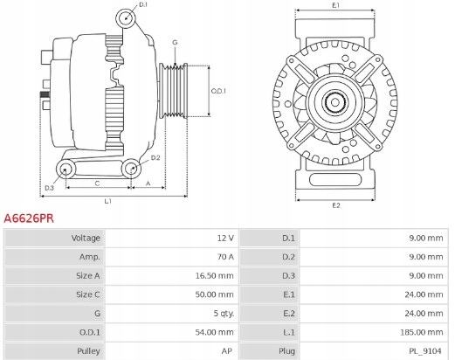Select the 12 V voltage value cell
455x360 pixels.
[224, 238]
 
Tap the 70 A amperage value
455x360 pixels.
[224, 257]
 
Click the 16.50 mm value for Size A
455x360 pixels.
[214, 275]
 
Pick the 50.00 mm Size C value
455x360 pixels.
[214, 294]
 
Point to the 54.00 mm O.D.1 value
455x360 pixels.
[214, 332]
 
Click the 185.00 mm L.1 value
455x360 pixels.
[424, 332]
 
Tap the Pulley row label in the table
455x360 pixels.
[89, 350]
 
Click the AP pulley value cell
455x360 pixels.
[227, 350]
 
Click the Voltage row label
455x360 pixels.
[86, 238]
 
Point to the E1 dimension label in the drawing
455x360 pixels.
[336, 7]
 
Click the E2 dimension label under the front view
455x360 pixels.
[336, 205]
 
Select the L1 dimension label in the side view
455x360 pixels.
[107, 202]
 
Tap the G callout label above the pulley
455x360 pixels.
[175, 42]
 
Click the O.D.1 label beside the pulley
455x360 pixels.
[219, 91]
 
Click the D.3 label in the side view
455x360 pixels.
[49, 188]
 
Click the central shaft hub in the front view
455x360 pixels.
[336, 104]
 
